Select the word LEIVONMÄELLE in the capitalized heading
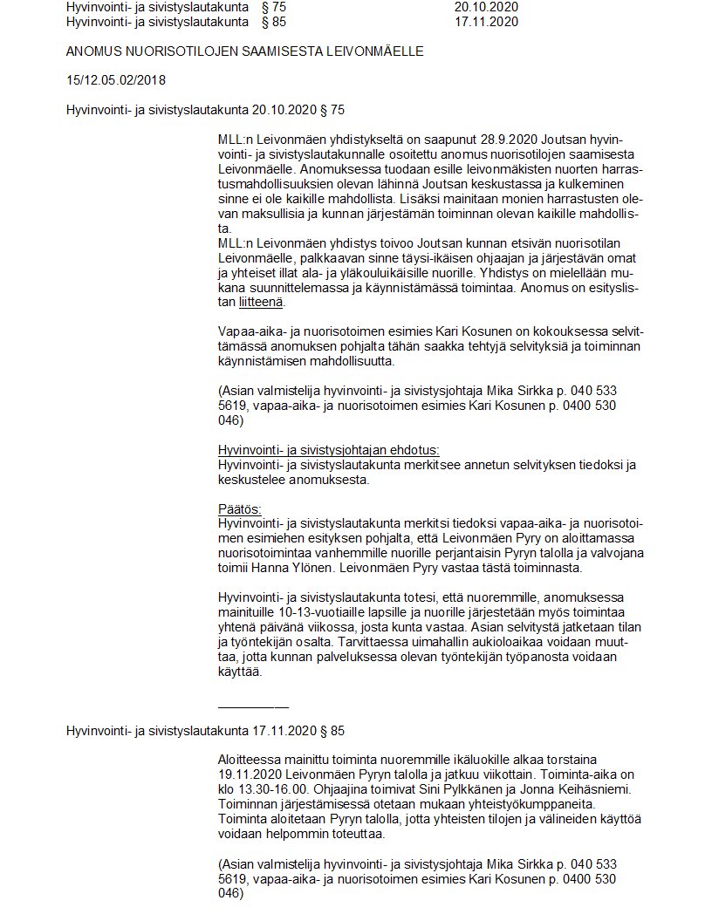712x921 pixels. (379, 51)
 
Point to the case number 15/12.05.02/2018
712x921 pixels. (115, 80)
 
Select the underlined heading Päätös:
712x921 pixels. (240, 509)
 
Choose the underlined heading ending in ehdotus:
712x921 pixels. (328, 450)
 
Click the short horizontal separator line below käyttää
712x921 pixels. (253, 706)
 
